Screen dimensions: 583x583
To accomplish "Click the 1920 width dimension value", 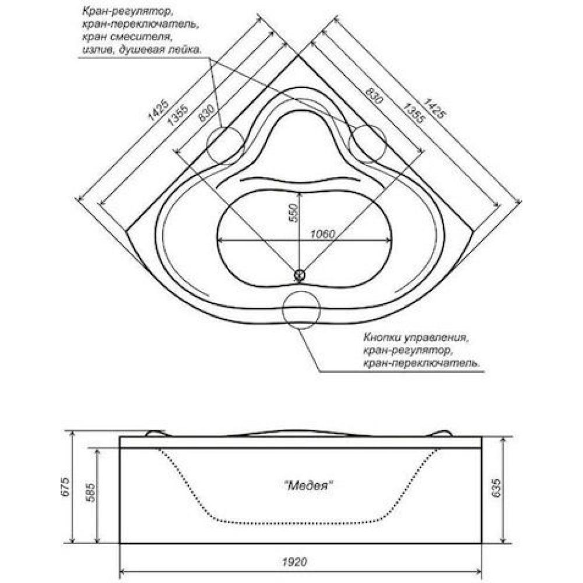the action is click(294, 561).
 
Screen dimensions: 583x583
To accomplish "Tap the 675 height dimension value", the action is click(65, 487).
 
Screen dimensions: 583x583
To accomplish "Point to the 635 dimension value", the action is click(496, 488).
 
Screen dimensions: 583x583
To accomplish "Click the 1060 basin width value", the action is click(322, 234).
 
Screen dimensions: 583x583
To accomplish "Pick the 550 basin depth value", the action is click(294, 213).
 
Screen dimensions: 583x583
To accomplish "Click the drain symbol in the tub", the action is click(299, 275).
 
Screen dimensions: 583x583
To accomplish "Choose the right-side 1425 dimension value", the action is click(434, 108).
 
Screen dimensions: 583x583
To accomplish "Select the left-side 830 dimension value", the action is click(207, 113).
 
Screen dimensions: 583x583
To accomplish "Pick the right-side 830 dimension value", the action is click(374, 95).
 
